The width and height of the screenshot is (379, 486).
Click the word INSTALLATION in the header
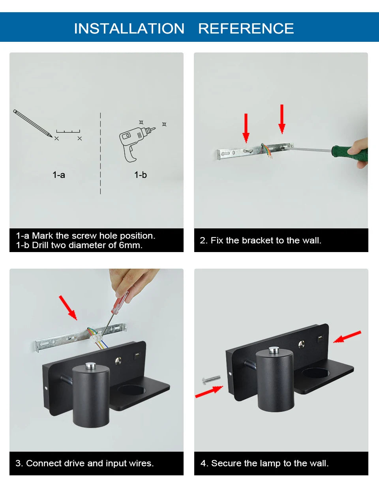[129, 28]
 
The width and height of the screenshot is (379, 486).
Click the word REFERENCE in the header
[246, 28]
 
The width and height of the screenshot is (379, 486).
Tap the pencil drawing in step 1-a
[33, 123]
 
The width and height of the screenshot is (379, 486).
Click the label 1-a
[59, 175]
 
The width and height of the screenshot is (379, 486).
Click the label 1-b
[141, 175]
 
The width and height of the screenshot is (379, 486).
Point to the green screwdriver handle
[350, 153]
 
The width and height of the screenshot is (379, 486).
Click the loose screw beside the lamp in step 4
[211, 380]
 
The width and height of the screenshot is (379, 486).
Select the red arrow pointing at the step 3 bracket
[68, 308]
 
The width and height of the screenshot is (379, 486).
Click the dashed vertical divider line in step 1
[100, 153]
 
